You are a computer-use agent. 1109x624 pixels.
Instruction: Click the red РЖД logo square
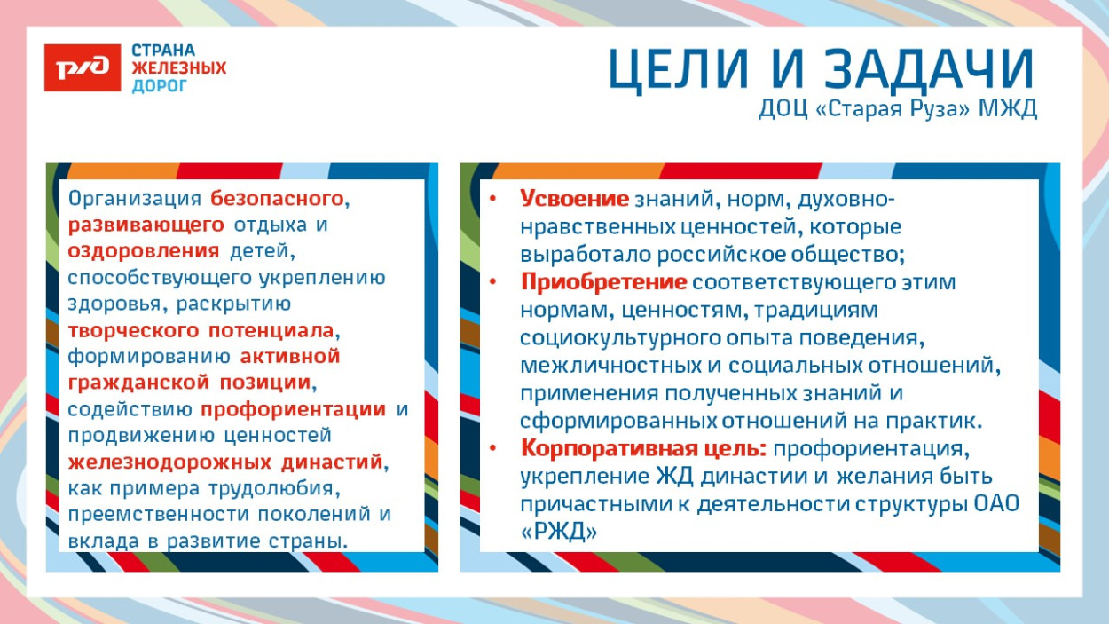(x=83, y=68)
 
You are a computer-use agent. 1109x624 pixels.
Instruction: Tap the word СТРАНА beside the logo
(x=163, y=51)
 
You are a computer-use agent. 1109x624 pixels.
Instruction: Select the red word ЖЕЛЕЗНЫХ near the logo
(x=179, y=68)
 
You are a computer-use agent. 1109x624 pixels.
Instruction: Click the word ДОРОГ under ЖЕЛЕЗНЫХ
(x=160, y=86)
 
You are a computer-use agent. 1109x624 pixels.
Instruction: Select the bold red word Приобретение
(x=603, y=282)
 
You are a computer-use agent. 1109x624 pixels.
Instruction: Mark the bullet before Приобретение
(x=493, y=282)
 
